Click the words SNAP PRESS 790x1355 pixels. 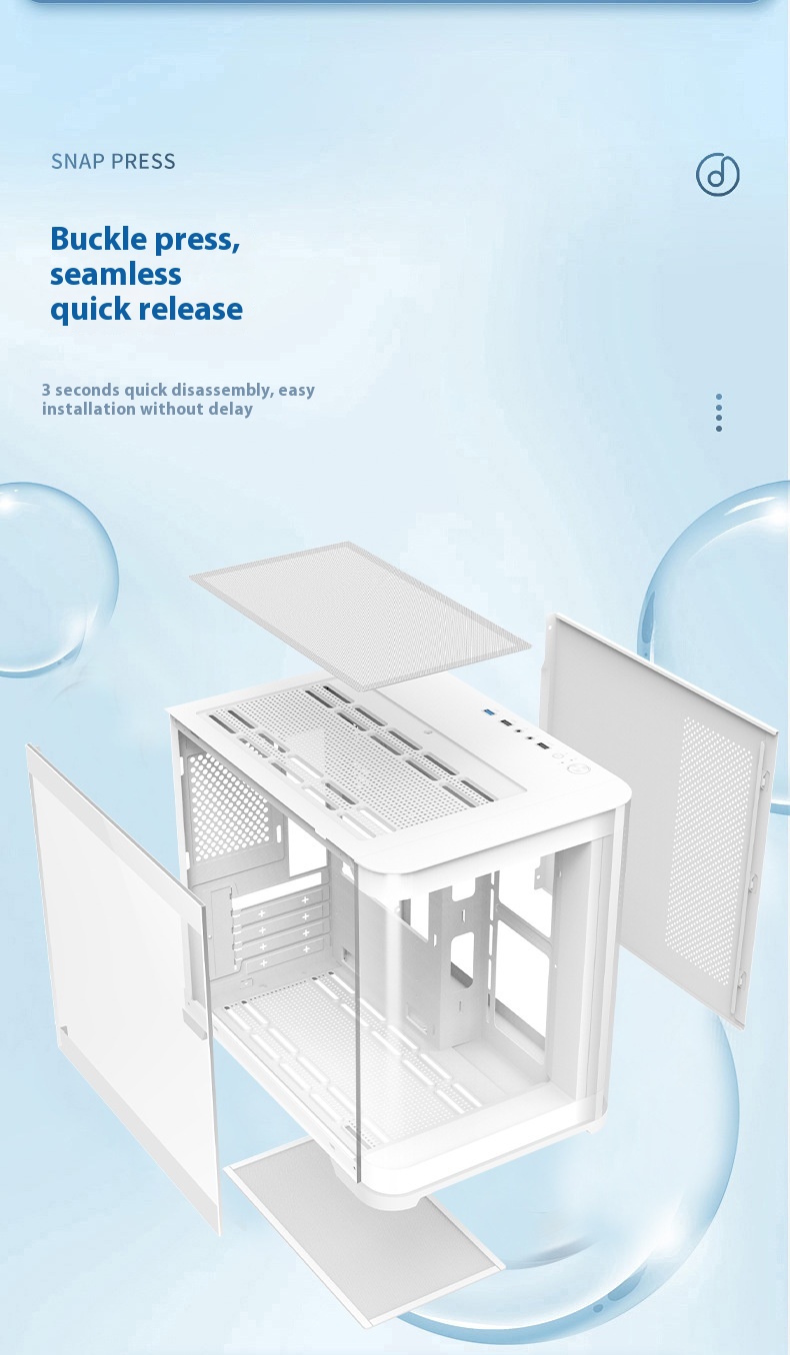(x=113, y=162)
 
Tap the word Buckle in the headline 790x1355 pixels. (x=98, y=239)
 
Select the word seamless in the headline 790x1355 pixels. (x=116, y=274)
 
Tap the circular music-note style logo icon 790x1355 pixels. (x=717, y=174)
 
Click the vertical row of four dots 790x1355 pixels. (x=719, y=413)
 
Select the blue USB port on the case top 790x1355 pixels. (x=488, y=711)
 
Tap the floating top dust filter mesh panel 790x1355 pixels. (x=361, y=616)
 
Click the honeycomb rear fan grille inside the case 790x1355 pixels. (x=228, y=804)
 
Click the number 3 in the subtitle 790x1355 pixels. (x=46, y=390)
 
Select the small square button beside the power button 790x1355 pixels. (x=557, y=756)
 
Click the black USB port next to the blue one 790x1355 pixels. (x=506, y=722)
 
